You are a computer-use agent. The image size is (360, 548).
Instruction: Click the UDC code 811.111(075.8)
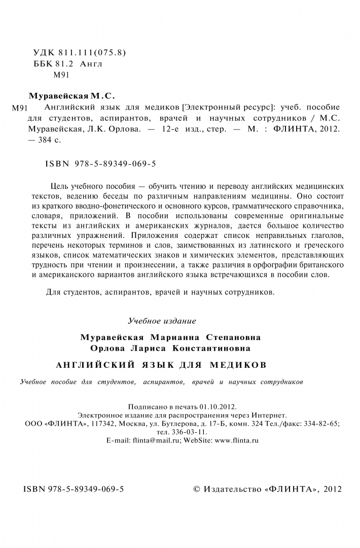(x=90, y=52)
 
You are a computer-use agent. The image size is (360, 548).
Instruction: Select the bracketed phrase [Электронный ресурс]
(x=227, y=108)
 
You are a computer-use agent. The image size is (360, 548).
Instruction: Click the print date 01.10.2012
(x=219, y=407)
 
